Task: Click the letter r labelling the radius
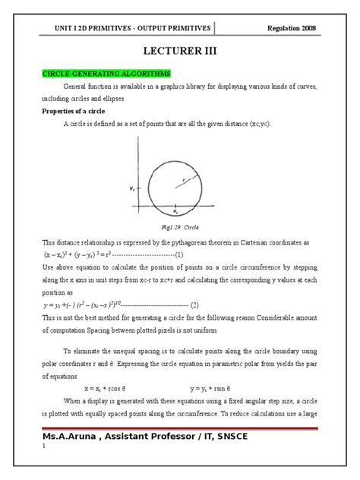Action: point(183,178)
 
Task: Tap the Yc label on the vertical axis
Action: point(134,186)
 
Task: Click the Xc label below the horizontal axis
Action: point(175,213)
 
